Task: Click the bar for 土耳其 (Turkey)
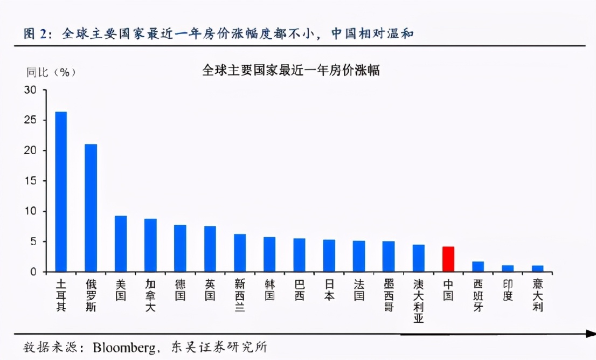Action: (x=61, y=191)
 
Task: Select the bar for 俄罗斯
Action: (x=91, y=207)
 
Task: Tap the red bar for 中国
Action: (x=448, y=259)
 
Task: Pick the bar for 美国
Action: (x=121, y=244)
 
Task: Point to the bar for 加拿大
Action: (x=150, y=245)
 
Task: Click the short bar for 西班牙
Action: (x=478, y=266)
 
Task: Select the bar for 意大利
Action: (x=537, y=268)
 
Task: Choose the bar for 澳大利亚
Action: (x=418, y=258)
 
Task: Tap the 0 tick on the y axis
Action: (x=33, y=272)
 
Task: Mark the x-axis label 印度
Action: (x=508, y=289)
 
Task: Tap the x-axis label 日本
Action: (x=329, y=289)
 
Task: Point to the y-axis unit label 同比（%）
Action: (x=52, y=72)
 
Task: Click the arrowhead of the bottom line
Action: (x=590, y=334)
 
